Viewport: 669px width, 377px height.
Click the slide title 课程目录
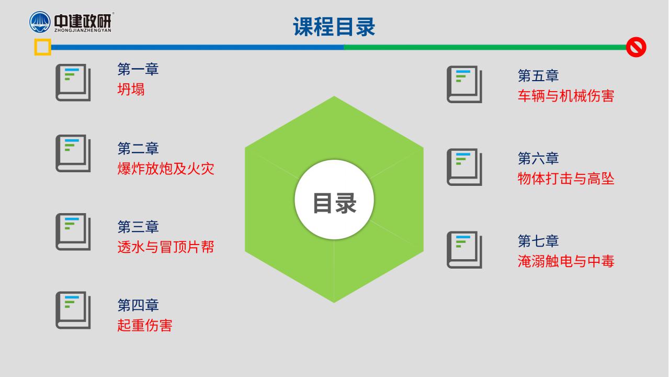point(334,27)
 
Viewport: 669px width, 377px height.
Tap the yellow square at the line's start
point(42,47)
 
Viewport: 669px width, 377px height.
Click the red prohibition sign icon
point(636,47)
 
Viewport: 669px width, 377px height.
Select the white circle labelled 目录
point(334,199)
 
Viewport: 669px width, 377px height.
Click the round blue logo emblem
point(40,22)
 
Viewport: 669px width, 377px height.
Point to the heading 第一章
point(138,69)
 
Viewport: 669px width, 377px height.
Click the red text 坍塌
point(131,90)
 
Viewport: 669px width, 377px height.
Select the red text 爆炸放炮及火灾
point(166,169)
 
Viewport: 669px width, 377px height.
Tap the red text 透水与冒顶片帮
point(166,247)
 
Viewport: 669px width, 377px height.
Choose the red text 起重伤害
point(144,325)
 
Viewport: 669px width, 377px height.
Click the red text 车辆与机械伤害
point(566,96)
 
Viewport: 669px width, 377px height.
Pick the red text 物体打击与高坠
point(566,179)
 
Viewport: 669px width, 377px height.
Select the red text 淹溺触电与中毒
point(566,261)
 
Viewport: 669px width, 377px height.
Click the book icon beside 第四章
point(73,311)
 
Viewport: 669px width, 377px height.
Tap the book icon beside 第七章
point(464,250)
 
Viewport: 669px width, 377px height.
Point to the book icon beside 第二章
point(73,153)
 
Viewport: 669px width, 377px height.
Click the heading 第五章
point(538,75)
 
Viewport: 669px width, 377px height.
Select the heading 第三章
point(138,227)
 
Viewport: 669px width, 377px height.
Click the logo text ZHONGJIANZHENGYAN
point(83,30)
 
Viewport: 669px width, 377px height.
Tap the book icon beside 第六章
point(464,167)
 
